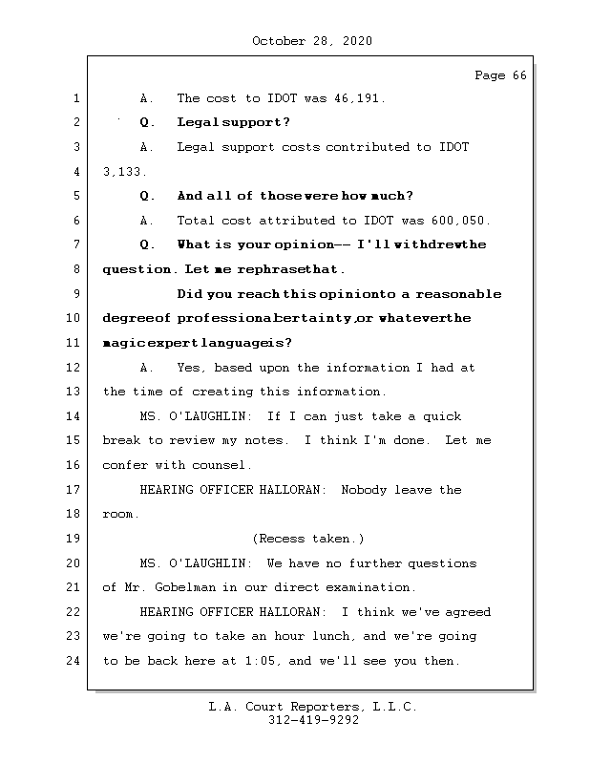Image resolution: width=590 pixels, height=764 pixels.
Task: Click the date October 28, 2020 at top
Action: (x=312, y=41)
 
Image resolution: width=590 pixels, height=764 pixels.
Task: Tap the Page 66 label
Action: (x=500, y=76)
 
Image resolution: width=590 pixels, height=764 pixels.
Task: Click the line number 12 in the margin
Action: (x=74, y=368)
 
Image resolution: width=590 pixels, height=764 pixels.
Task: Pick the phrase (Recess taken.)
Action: (x=307, y=539)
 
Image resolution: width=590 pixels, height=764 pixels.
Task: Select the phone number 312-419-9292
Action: (x=313, y=721)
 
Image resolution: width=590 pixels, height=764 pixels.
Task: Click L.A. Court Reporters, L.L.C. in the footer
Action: (x=312, y=707)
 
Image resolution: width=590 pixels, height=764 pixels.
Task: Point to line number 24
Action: (x=74, y=661)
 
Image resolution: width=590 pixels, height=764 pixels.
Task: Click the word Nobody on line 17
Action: (x=364, y=490)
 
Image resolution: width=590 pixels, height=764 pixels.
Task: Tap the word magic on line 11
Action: (x=121, y=343)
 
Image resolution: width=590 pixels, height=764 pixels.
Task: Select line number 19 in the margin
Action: (x=74, y=539)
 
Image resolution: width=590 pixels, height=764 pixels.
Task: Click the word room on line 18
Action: (x=118, y=514)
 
